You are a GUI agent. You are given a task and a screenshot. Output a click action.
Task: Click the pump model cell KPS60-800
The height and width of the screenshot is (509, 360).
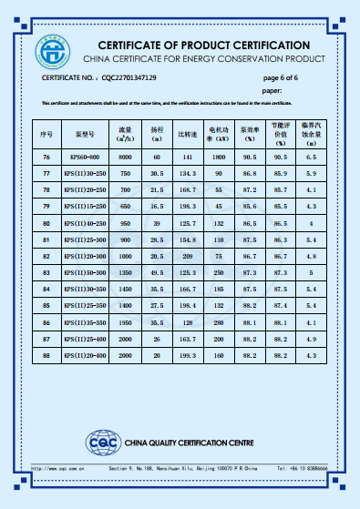tap(86, 158)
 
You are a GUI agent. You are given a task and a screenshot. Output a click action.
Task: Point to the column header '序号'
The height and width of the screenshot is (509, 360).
tap(46, 134)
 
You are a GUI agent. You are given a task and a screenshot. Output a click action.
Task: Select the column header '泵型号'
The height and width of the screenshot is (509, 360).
tap(86, 134)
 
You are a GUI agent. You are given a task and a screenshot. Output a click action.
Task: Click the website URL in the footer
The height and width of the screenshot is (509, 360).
tap(59, 468)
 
